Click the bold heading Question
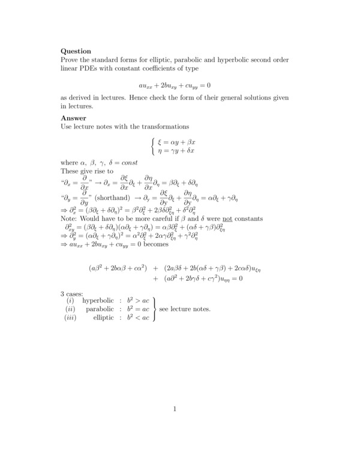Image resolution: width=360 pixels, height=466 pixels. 76,52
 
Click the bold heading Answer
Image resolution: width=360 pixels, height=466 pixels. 73,119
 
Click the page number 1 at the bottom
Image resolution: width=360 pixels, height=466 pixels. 175,410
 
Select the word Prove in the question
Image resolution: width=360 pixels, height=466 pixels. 70,61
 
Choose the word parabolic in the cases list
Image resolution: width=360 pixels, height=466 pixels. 100,309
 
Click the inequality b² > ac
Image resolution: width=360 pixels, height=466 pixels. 137,300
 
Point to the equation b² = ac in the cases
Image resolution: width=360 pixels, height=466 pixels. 137,309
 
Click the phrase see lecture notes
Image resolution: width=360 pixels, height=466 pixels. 185,309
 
